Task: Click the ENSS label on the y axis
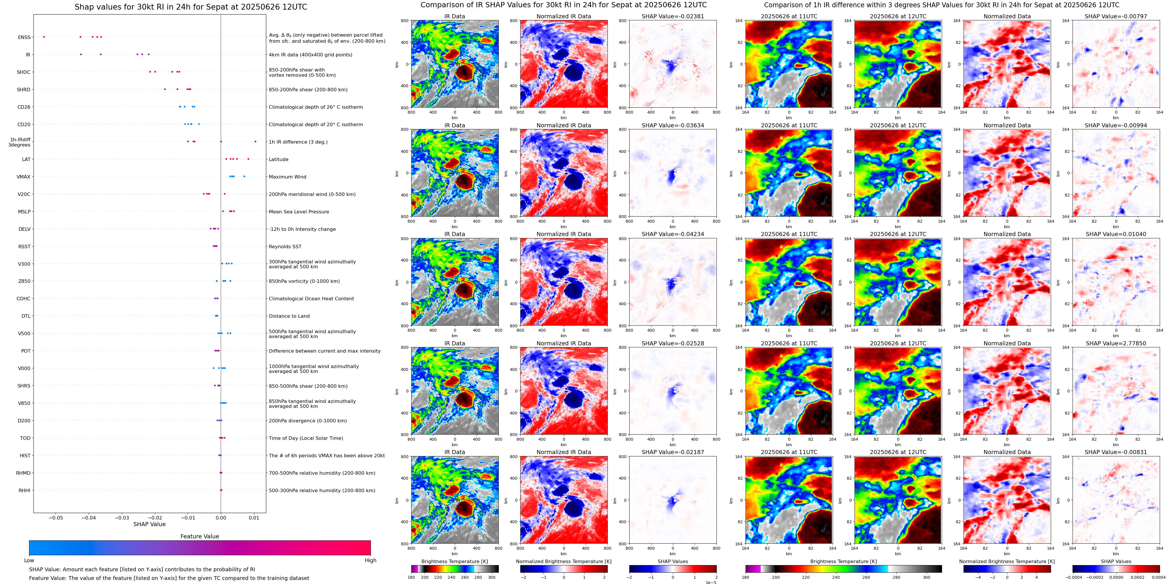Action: (x=24, y=37)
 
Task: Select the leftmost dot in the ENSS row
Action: (x=44, y=37)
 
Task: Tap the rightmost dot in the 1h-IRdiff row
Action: (x=255, y=141)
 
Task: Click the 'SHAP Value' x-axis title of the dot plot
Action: (x=149, y=524)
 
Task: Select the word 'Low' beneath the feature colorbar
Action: (x=29, y=560)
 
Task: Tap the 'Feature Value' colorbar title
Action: (x=199, y=536)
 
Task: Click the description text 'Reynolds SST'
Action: (x=285, y=247)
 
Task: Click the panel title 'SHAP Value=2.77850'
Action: (x=1116, y=343)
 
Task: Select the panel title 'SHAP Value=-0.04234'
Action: (x=673, y=234)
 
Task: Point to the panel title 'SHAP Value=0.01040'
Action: (x=1116, y=234)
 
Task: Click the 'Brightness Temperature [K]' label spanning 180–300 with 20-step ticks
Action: (x=454, y=561)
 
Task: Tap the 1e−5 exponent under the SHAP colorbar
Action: (x=711, y=582)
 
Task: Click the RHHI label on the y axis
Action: (x=24, y=490)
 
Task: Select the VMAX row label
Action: (x=24, y=177)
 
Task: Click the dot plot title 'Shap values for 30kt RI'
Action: (x=191, y=7)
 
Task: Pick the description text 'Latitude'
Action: (x=279, y=160)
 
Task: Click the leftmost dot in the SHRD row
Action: (x=165, y=89)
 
